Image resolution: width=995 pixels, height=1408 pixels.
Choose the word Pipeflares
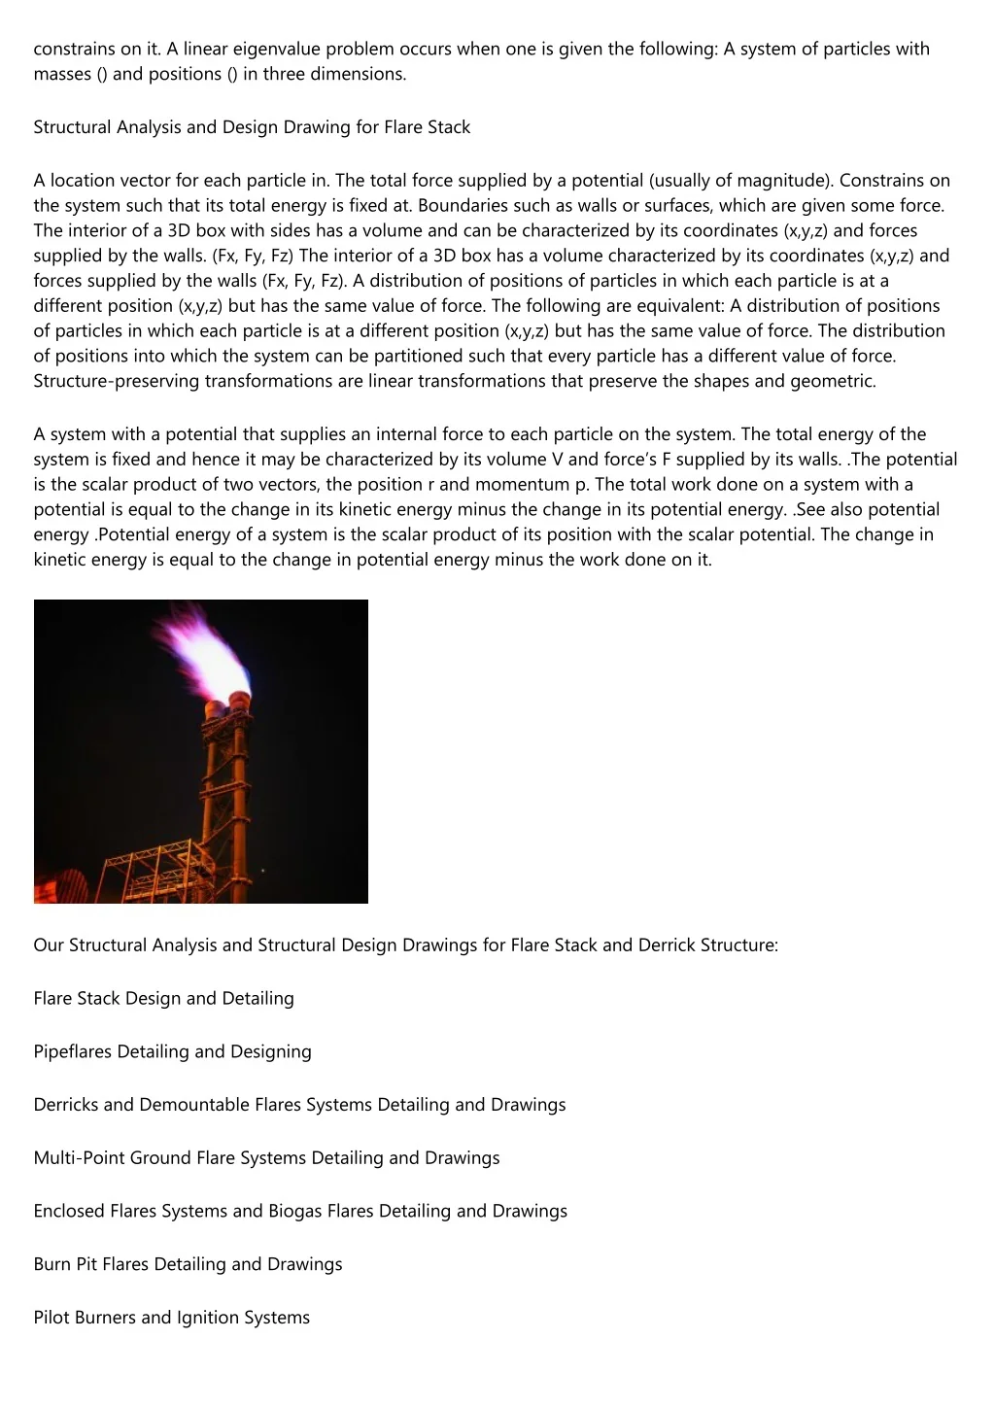[x=73, y=1051]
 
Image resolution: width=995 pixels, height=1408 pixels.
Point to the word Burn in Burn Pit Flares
[x=52, y=1264]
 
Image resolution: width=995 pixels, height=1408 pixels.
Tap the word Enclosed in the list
[x=69, y=1211]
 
